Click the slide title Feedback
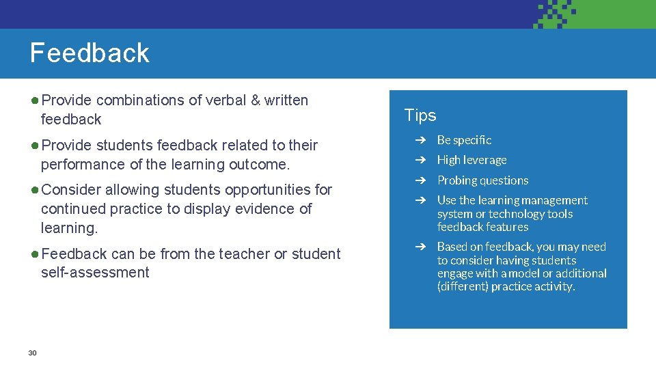90,53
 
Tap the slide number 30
32,353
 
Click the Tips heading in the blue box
420,115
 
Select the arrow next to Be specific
423,140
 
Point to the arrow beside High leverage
423,160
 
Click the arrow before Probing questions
423,180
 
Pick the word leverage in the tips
484,160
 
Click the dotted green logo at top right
555,14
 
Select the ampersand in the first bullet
256,100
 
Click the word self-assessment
95,273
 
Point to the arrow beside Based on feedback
423,247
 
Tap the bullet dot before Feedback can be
34,254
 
